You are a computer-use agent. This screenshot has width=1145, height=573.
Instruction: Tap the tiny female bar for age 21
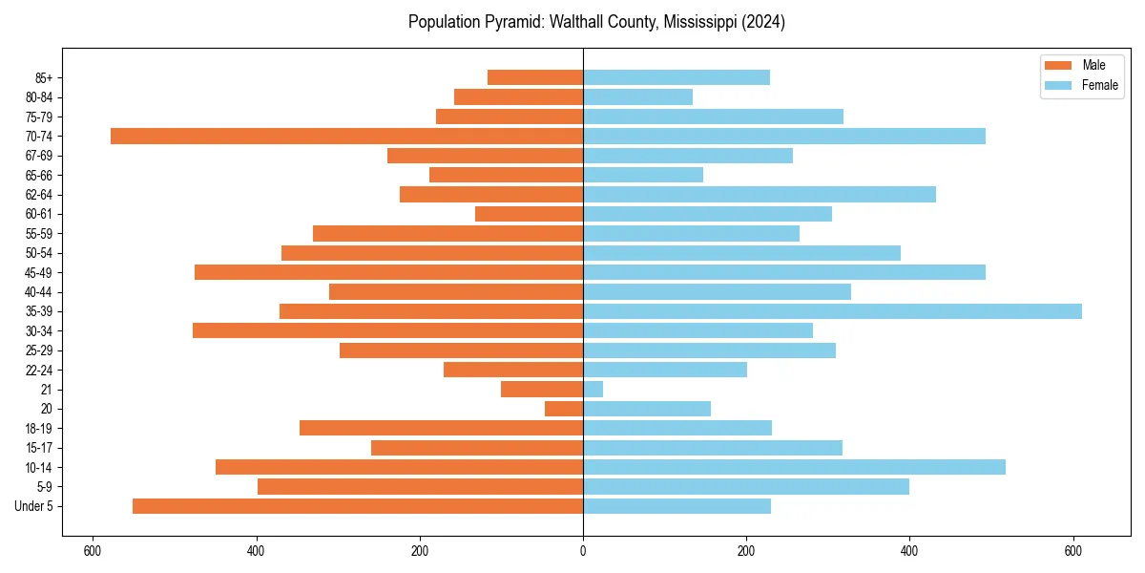coord(593,390)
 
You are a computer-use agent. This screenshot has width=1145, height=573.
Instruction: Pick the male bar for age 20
coord(564,409)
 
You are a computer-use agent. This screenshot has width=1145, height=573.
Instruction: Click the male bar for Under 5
coord(358,506)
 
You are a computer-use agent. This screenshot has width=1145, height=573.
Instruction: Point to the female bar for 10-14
coord(794,467)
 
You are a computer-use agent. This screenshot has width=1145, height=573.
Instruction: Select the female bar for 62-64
coord(760,195)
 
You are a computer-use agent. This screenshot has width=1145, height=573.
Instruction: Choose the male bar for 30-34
coord(387,330)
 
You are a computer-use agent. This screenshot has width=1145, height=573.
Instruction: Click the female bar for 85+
coord(677,77)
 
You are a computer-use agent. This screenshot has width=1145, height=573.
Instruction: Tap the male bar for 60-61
coord(529,214)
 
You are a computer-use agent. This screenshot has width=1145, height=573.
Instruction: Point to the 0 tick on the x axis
coord(583,551)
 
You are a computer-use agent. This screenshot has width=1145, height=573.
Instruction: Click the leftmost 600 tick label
coord(93,551)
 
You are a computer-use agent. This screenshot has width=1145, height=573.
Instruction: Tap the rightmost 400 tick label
coord(909,551)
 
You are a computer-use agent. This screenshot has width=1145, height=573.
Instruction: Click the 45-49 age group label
coord(39,272)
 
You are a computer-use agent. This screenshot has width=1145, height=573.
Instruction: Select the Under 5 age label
coord(33,506)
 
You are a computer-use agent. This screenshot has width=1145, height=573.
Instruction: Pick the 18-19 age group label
coord(39,428)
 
